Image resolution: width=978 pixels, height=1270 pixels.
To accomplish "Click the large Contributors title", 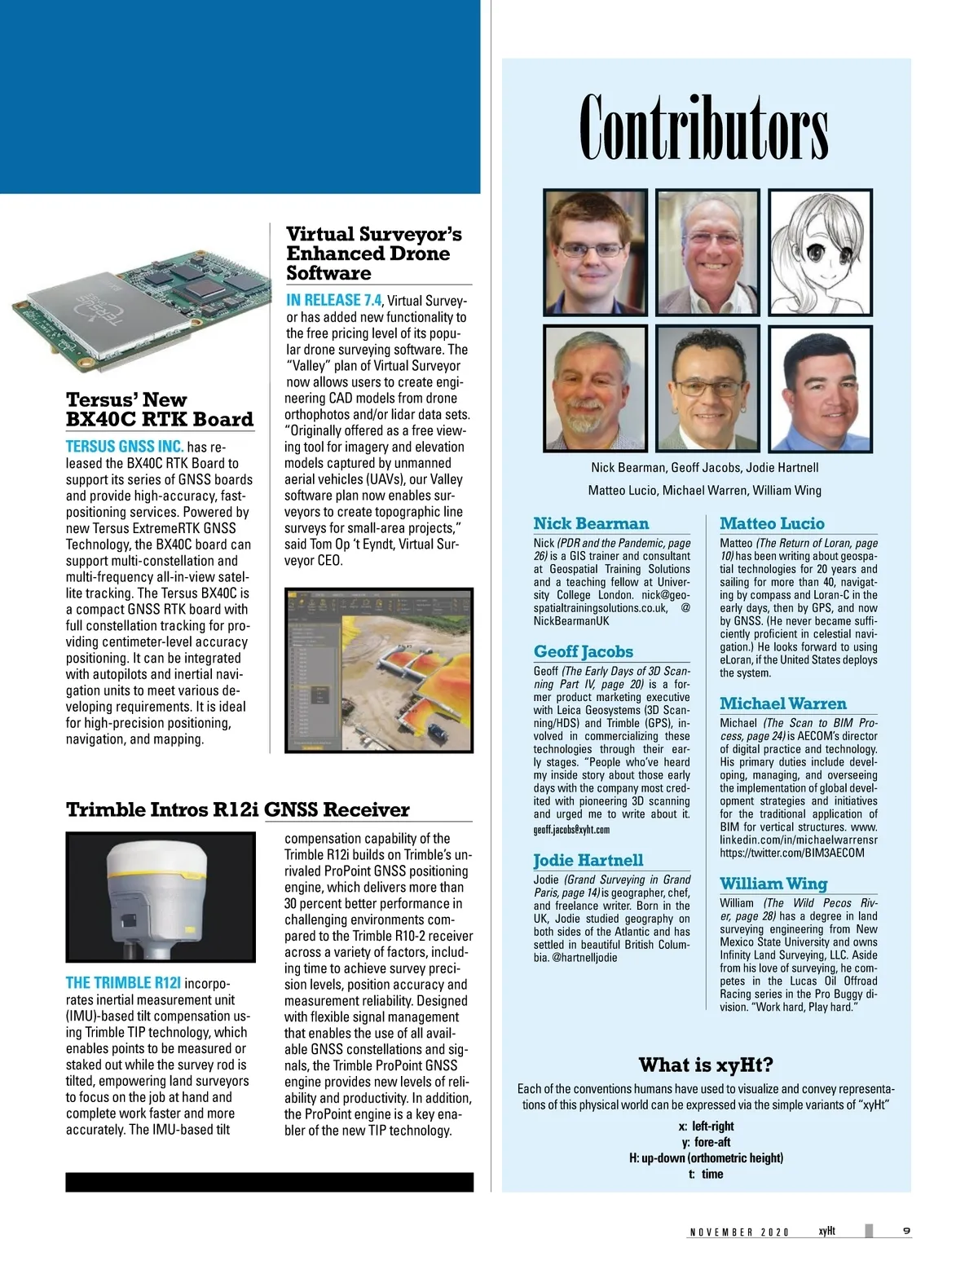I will (x=704, y=128).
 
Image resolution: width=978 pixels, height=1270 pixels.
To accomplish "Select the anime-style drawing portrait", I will (x=820, y=252).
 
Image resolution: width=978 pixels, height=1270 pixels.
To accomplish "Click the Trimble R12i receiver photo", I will (x=160, y=897).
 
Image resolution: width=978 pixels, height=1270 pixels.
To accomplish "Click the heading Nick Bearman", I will (x=591, y=523).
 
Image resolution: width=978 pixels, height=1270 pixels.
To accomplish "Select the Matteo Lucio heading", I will (x=772, y=523).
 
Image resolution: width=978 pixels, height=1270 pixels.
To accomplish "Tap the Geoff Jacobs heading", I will (x=583, y=651).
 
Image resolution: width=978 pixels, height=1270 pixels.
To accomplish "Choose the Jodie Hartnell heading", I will (x=588, y=860).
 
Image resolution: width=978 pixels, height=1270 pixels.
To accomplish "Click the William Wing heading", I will (x=773, y=884).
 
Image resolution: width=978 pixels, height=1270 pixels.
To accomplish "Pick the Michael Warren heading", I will (x=782, y=703).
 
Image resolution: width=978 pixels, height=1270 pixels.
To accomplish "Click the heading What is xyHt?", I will (x=706, y=1065).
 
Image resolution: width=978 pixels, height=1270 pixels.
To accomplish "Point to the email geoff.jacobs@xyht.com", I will (x=571, y=830).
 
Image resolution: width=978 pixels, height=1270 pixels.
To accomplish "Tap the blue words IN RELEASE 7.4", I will (x=333, y=300).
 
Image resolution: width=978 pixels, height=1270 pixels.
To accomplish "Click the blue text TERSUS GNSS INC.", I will (x=124, y=447).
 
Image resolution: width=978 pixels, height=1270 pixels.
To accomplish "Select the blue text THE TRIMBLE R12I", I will (x=123, y=983).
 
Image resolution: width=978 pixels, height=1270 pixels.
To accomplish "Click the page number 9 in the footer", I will (x=906, y=1231).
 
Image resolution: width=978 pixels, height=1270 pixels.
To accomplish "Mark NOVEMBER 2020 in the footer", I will (x=739, y=1233).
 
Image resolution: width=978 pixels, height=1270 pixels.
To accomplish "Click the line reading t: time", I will (x=706, y=1174).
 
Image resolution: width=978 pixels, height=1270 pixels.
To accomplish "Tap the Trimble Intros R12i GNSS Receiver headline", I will (x=237, y=809).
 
